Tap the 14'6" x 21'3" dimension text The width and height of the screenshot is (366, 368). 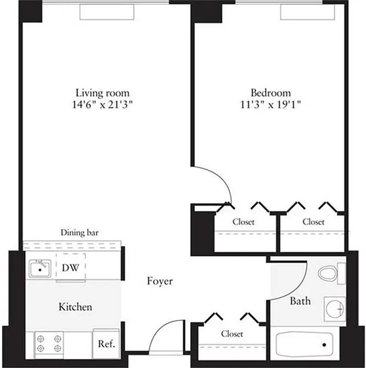[x=102, y=104]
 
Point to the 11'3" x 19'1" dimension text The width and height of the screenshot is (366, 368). [x=270, y=104]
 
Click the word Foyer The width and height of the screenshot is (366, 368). [x=160, y=281]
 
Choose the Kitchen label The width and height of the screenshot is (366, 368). [x=75, y=306]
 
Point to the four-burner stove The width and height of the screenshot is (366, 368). [x=49, y=343]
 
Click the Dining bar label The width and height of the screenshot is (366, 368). [x=79, y=232]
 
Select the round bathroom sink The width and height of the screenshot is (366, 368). [x=335, y=309]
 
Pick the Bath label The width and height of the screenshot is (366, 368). [x=300, y=301]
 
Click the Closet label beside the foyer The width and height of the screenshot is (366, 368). [x=232, y=333]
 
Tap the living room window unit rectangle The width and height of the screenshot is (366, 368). [x=107, y=12]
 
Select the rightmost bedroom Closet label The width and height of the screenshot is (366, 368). [x=313, y=222]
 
